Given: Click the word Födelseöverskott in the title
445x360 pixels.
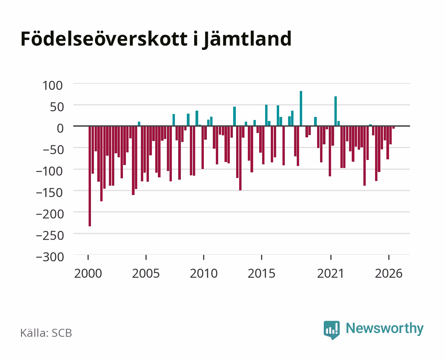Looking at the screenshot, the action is (104, 39).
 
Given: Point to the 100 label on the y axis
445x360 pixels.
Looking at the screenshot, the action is (52, 86).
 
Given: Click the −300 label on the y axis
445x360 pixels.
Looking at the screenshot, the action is (50, 257).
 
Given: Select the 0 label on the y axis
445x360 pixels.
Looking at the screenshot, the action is (60, 128).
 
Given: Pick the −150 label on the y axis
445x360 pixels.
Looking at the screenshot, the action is (50, 193).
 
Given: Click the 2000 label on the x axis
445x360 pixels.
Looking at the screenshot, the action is (88, 273).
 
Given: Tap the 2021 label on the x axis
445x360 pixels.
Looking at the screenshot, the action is (330, 273).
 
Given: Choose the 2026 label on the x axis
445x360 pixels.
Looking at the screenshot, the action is (389, 273).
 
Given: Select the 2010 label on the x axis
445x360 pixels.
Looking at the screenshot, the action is (204, 273).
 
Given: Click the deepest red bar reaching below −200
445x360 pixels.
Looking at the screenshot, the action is (90, 176).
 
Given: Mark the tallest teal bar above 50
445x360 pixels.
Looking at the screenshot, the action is (301, 109).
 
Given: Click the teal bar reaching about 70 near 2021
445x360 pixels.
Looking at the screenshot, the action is (335, 111).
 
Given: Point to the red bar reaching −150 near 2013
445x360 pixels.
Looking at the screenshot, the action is (240, 158).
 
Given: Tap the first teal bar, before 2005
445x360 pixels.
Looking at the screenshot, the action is (139, 124).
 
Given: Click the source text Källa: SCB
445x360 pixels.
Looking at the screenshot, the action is (46, 333).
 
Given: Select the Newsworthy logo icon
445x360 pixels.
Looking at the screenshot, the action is (331, 330).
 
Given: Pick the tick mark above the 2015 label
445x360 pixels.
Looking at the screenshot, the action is (261, 257).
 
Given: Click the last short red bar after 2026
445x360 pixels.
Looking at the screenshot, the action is (393, 127).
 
